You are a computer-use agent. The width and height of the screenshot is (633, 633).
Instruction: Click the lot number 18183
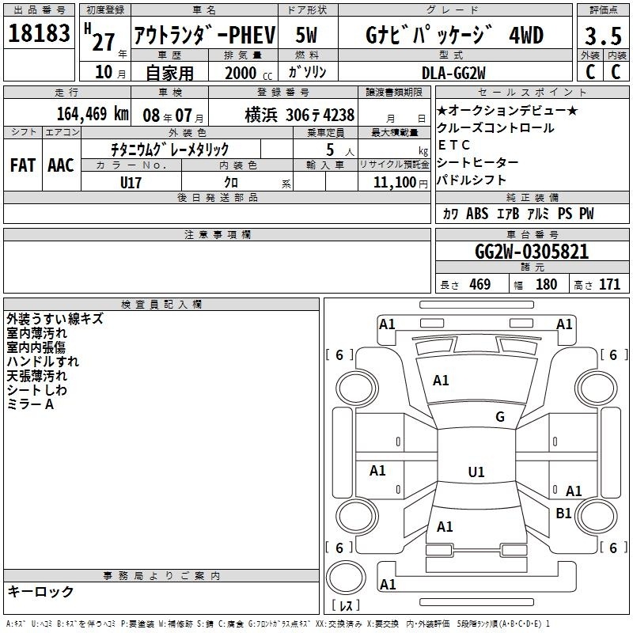pos(39,32)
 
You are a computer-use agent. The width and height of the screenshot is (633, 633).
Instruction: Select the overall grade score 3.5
pos(603,36)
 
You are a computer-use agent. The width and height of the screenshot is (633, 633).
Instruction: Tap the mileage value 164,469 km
pos(93,114)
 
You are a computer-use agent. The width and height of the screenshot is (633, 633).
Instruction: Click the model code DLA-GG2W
pos(453,73)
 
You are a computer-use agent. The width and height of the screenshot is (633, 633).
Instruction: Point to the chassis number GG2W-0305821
pos(532,252)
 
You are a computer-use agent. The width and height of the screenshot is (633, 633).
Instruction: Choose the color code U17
pos(131,183)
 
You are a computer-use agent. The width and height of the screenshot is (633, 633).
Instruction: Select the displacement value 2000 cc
pos(248,73)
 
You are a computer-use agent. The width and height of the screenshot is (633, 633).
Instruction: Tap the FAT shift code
pos(23,165)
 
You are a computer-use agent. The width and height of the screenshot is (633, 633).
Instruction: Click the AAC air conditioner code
pos(61,165)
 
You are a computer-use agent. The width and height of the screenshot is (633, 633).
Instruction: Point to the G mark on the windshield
pos(500,416)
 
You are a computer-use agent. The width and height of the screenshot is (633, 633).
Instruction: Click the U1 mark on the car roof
pos(476,472)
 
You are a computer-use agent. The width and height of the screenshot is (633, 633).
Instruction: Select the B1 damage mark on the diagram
pos(563,513)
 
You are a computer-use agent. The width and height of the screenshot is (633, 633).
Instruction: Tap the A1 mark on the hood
pos(441,380)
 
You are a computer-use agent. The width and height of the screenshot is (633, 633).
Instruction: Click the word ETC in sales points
pos(453,145)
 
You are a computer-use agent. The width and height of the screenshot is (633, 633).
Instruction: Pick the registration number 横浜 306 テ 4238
pos(300,115)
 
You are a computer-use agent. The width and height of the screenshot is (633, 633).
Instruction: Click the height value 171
pos(609,284)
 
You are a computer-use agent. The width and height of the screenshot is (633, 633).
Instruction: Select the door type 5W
pos(306,35)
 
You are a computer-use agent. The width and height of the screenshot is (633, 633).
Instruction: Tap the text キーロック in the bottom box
pos(40,591)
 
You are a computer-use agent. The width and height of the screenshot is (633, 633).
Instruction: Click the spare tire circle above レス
pos(346,578)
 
